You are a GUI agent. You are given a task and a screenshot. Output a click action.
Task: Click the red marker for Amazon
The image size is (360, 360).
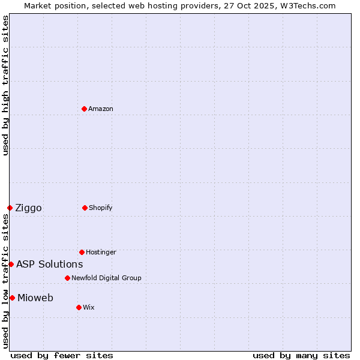click(85, 109)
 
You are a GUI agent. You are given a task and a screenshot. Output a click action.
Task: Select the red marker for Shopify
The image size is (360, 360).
click(85, 208)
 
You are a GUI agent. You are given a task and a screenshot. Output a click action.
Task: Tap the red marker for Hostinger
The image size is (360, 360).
click(82, 252)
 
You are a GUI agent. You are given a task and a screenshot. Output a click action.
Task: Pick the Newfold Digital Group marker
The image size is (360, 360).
click(67, 278)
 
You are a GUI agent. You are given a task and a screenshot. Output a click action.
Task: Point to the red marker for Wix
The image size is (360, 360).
click(79, 307)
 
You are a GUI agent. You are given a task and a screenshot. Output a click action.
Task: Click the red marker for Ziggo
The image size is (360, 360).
click(10, 208)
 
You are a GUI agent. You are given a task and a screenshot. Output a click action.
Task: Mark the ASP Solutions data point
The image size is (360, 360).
click(11, 264)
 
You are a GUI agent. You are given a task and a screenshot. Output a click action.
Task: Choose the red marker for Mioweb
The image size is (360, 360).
click(12, 298)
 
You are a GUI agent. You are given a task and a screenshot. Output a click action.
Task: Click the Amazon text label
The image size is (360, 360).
click(101, 109)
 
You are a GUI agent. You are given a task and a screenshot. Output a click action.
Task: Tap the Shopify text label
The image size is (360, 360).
click(101, 208)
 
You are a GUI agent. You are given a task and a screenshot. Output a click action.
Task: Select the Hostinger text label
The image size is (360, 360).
click(101, 252)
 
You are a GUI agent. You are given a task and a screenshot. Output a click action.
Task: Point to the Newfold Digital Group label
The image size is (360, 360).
click(106, 278)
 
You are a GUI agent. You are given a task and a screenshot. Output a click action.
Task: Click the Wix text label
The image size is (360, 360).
click(89, 307)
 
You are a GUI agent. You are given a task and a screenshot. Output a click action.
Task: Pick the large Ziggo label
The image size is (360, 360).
click(28, 208)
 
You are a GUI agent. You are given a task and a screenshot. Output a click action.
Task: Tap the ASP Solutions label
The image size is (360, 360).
click(49, 264)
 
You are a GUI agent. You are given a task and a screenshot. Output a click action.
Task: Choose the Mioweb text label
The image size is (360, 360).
click(35, 298)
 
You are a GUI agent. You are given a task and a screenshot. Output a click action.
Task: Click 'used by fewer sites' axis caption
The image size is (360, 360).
click(62, 355)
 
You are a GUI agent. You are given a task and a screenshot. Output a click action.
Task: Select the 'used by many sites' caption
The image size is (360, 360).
click(301, 355)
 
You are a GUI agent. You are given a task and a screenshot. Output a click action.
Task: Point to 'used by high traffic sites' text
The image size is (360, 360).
click(5, 85)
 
